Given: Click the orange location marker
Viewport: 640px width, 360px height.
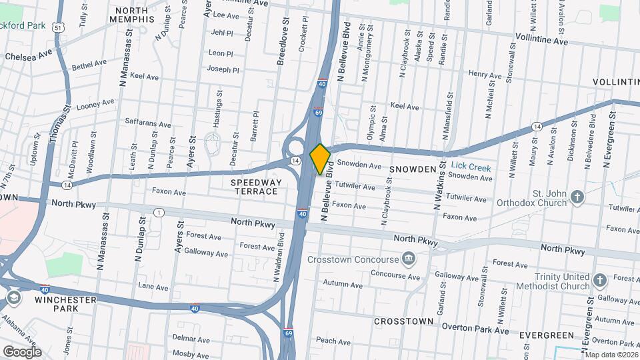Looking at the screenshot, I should pyautogui.click(x=320, y=159).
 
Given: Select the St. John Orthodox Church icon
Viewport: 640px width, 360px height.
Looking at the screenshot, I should pyautogui.click(x=577, y=197).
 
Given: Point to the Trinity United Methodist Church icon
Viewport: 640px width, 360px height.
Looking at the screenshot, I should pyautogui.click(x=599, y=280).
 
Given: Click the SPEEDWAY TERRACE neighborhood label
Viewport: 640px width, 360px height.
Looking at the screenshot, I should pyautogui.click(x=254, y=187).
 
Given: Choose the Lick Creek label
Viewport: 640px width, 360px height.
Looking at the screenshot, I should pyautogui.click(x=471, y=168).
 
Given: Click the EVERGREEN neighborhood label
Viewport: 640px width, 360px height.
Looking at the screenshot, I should pyautogui.click(x=547, y=335).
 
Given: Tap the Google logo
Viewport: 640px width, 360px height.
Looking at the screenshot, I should pyautogui.click(x=22, y=351).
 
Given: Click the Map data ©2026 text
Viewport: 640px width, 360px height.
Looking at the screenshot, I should pyautogui.click(x=611, y=355).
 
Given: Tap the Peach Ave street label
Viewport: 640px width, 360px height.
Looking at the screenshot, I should pyautogui.click(x=333, y=341).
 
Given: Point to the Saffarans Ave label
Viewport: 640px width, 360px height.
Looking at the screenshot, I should pyautogui.click(x=149, y=123).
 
